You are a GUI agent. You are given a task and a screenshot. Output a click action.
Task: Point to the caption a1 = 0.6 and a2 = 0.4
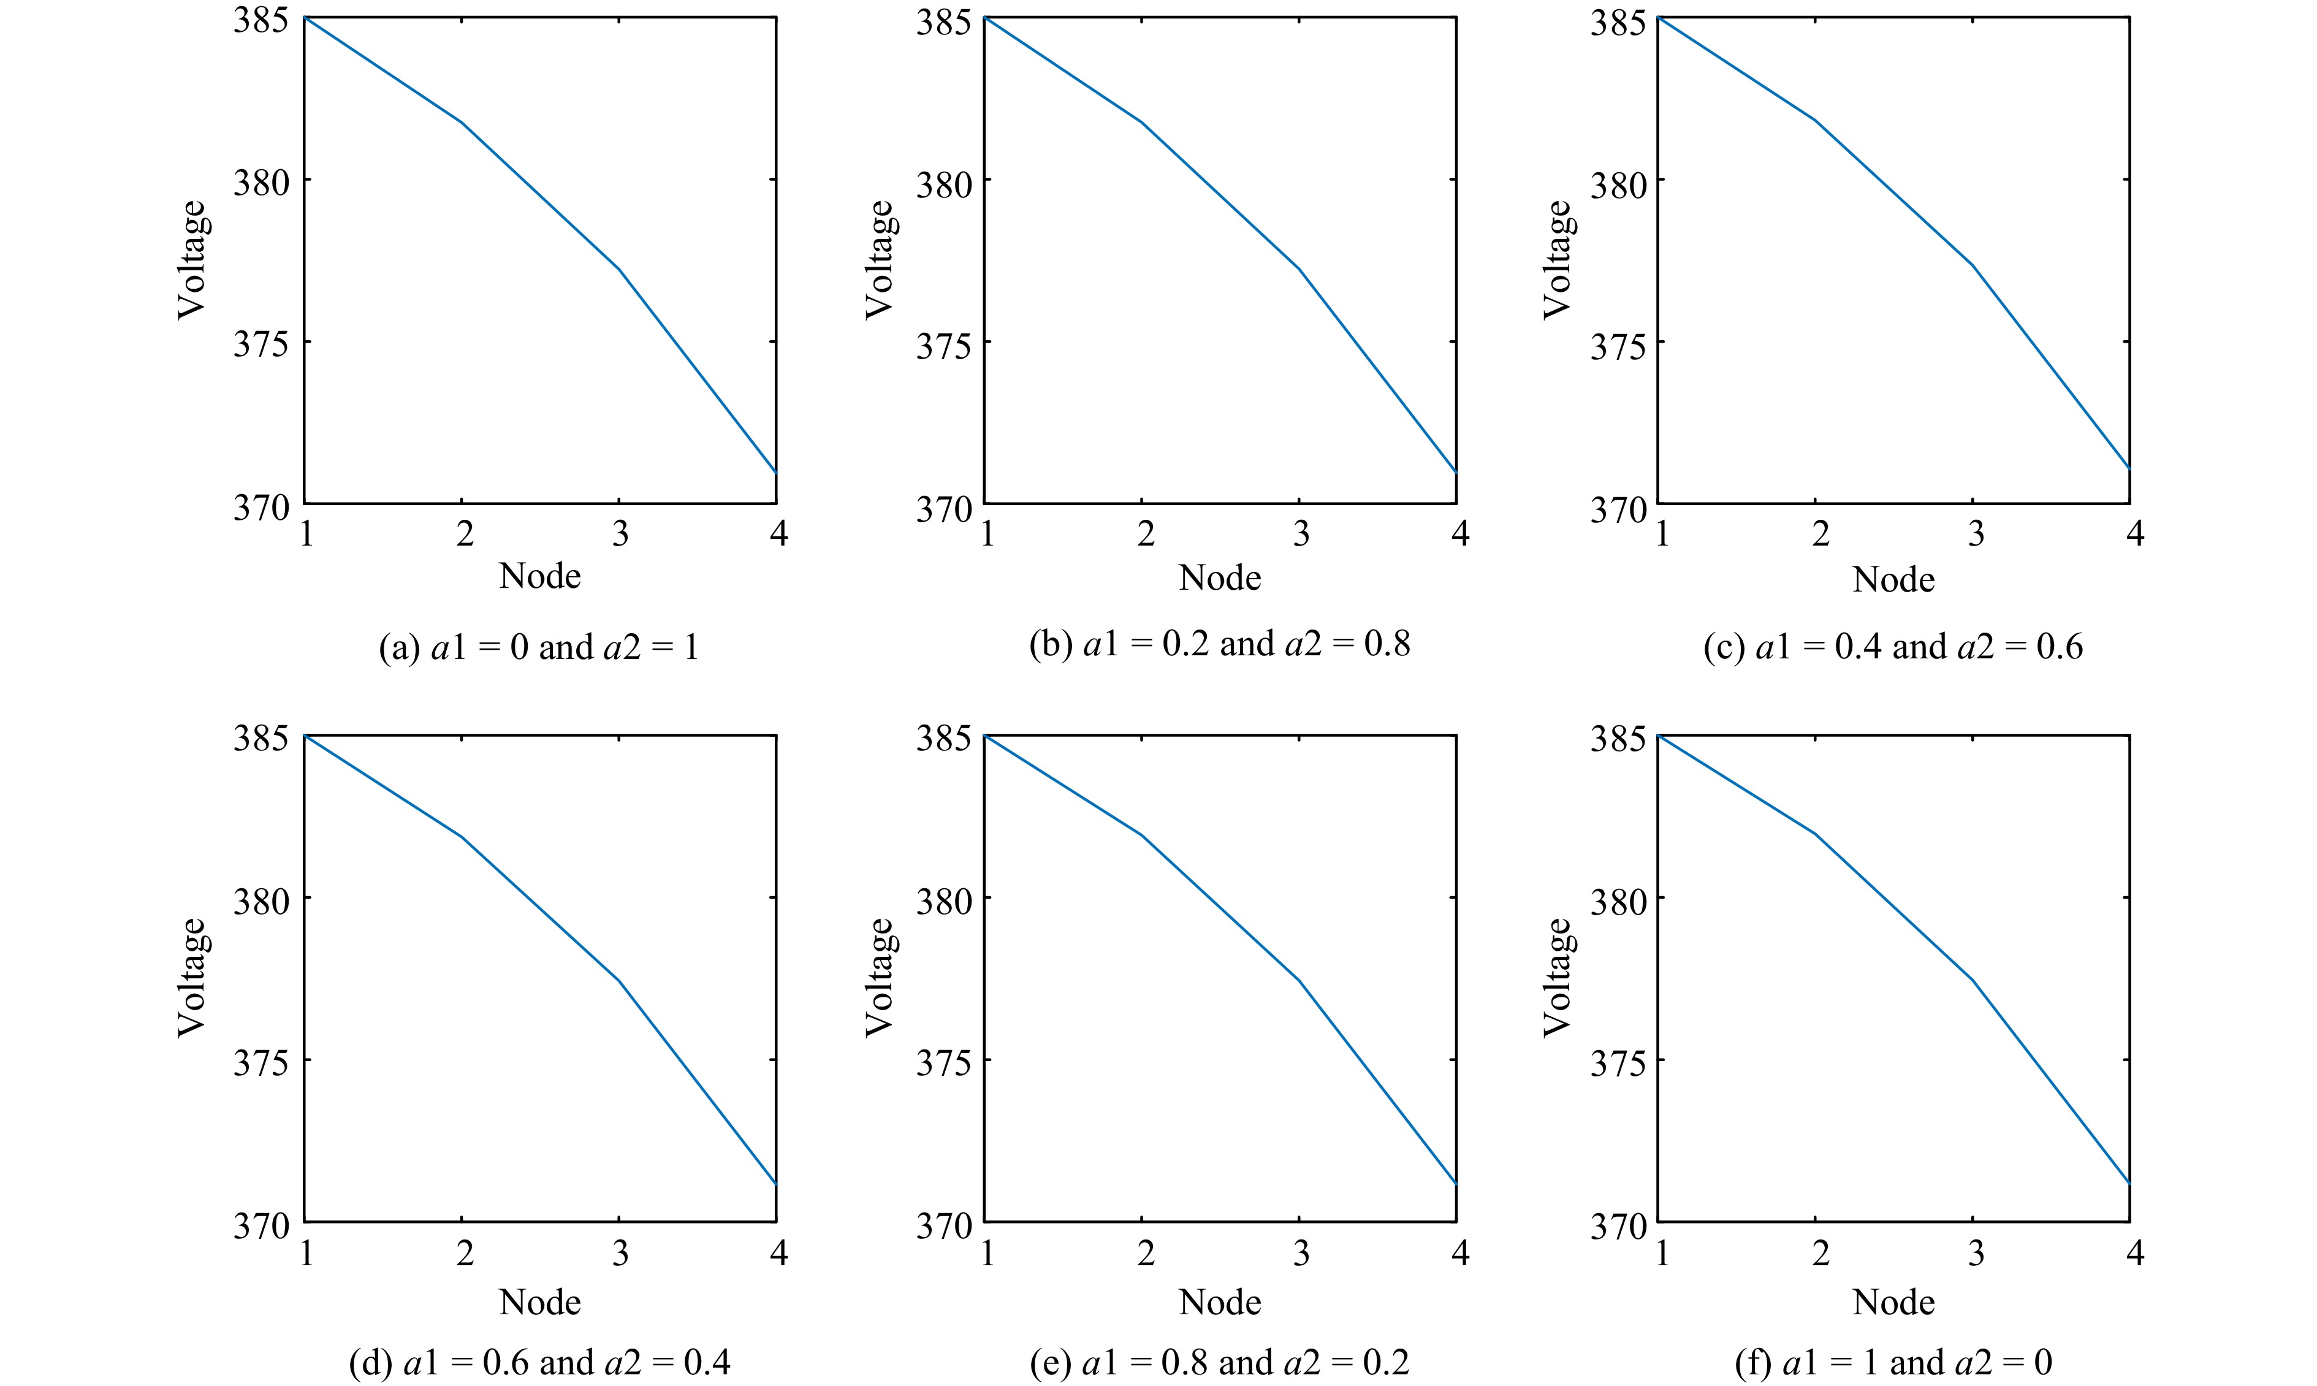pos(539,1363)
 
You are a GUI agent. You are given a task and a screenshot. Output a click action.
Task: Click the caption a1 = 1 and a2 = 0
pos(1892,1363)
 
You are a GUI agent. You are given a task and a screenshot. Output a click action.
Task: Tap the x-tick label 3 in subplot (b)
pos(1301,533)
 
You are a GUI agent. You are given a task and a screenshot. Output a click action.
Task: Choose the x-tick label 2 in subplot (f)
pos(1820,1252)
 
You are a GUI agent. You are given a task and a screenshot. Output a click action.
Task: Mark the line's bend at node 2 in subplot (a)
pos(462,123)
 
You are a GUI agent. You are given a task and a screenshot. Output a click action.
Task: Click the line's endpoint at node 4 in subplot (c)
pos(2128,467)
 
